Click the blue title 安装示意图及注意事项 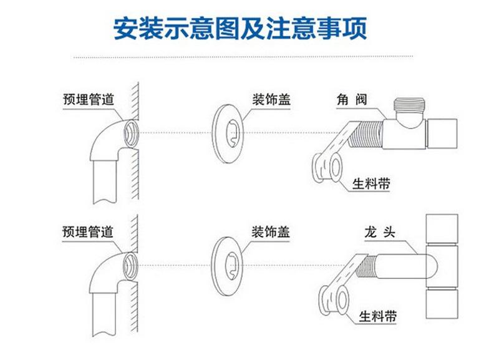coord(240,29)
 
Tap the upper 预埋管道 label coord(89,99)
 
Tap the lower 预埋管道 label coord(88,231)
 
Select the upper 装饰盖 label coord(271,99)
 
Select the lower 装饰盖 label coord(271,231)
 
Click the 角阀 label coord(352,100)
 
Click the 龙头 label coord(380,232)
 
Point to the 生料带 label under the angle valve coord(371,183)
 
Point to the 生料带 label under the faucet coord(378,316)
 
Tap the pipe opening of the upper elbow coord(131,134)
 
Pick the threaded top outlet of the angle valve coord(409,105)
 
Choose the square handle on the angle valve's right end coord(442,134)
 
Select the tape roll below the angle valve coord(327,168)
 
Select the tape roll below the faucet coord(334,300)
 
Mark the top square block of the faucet coord(442,229)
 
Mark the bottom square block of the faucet coord(442,304)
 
